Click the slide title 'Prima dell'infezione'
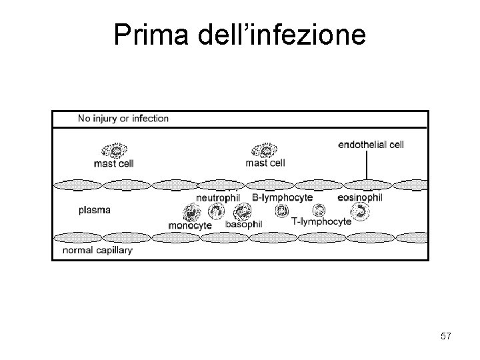(239, 35)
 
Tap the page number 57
(445, 337)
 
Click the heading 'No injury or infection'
(123, 119)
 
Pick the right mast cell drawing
(263, 151)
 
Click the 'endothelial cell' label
(371, 144)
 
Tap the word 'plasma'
(95, 209)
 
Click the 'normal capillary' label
(97, 251)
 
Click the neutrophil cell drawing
(217, 211)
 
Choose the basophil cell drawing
(241, 213)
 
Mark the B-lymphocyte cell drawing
(282, 210)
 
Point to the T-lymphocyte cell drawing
(319, 209)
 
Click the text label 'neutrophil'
(217, 198)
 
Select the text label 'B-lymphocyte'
(282, 198)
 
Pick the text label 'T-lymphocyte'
(321, 222)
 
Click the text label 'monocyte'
(190, 225)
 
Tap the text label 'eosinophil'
(360, 197)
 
